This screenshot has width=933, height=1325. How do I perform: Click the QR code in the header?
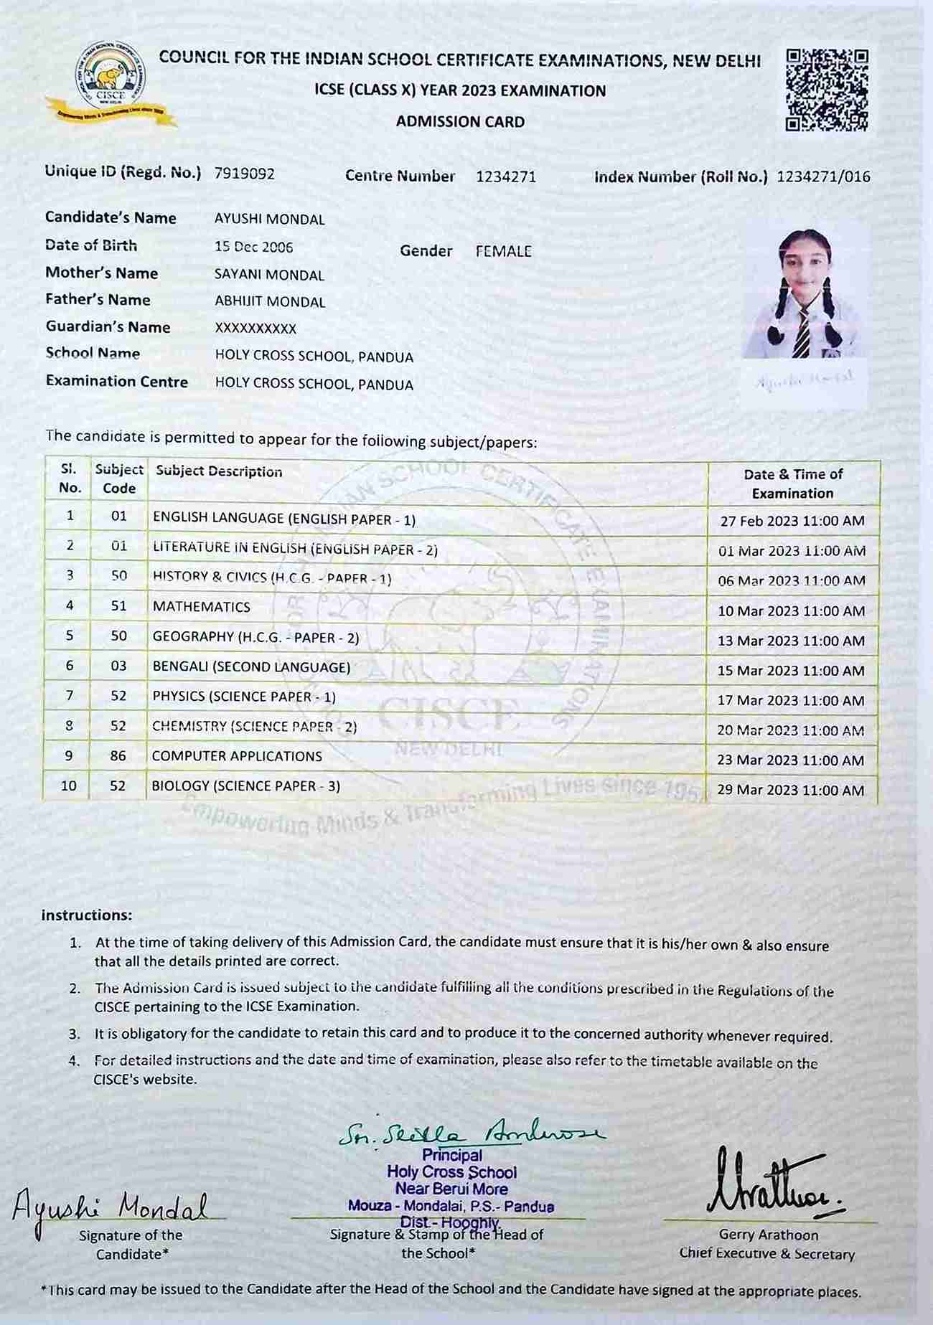pyautogui.click(x=827, y=90)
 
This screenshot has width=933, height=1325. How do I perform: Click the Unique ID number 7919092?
pyautogui.click(x=244, y=174)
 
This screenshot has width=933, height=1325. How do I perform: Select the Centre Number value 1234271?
pyautogui.click(x=506, y=177)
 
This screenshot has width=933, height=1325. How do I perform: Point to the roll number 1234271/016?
pyautogui.click(x=823, y=176)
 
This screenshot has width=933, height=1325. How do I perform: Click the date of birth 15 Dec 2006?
pyautogui.click(x=253, y=247)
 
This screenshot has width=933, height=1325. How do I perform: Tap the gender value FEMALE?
pyautogui.click(x=503, y=251)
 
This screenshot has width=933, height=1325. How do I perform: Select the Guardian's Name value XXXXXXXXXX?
pyautogui.click(x=255, y=329)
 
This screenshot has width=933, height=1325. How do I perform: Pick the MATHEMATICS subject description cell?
pyautogui.click(x=202, y=607)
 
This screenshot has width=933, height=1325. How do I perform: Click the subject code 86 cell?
pyautogui.click(x=118, y=756)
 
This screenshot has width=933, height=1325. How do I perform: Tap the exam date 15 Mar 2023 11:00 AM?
pyautogui.click(x=791, y=671)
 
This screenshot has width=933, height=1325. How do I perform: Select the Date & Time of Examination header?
pyautogui.click(x=793, y=484)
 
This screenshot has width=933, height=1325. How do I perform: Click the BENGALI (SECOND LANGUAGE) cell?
pyautogui.click(x=251, y=667)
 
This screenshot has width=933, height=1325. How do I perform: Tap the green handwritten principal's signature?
pyautogui.click(x=470, y=1133)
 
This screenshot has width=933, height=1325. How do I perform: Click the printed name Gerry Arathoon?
pyautogui.click(x=768, y=1235)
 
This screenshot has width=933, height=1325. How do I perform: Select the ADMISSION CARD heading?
pyautogui.click(x=460, y=122)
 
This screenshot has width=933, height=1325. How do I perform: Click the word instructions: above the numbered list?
pyautogui.click(x=87, y=915)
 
